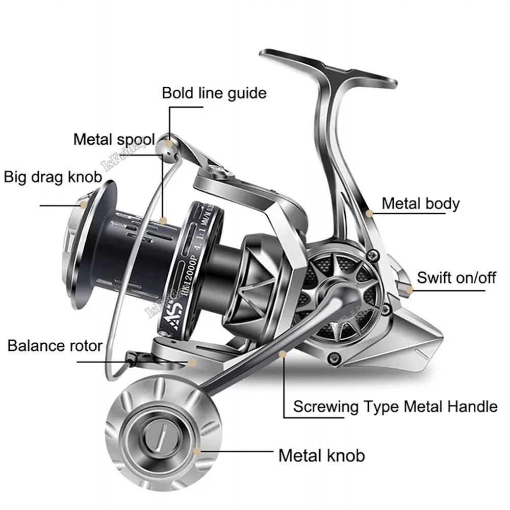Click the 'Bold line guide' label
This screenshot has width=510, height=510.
[214, 93]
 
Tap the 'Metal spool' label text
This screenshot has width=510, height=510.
[114, 139]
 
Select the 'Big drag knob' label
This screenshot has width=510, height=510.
[53, 177]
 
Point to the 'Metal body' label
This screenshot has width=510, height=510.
[420, 203]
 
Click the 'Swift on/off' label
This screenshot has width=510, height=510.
[456, 278]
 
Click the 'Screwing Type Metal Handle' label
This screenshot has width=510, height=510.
[395, 406]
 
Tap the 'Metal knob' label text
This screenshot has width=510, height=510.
[321, 455]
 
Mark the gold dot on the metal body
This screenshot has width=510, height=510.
[369, 213]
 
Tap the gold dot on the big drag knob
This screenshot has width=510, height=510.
[83, 205]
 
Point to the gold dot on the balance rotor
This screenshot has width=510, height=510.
[192, 362]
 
